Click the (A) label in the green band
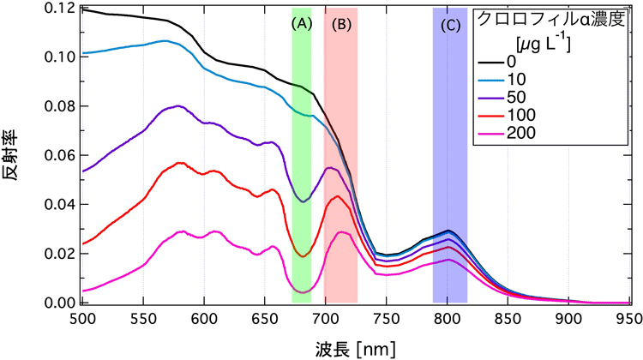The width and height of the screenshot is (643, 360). (301, 24)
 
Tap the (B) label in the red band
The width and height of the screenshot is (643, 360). (341, 24)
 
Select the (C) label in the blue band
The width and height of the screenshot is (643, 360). (450, 25)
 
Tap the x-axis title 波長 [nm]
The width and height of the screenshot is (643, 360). (352, 348)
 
